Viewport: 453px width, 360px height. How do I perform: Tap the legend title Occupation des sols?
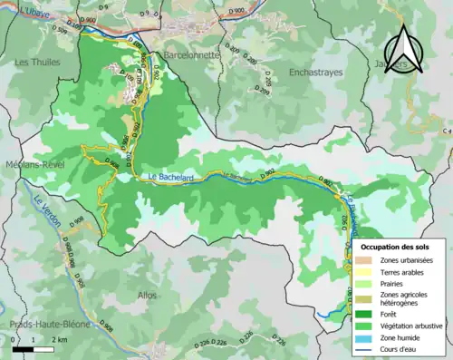pyautogui.click(x=399, y=246)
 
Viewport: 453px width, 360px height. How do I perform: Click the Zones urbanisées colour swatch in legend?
pyautogui.click(x=364, y=258)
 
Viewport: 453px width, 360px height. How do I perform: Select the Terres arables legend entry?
pyautogui.click(x=402, y=270)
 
